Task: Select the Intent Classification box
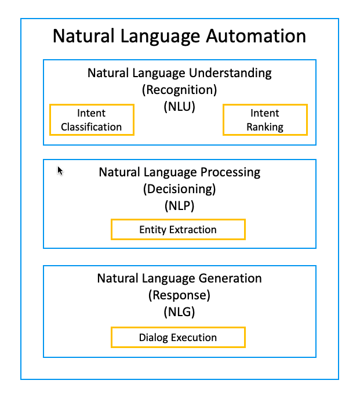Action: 92,120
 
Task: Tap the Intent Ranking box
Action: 265,120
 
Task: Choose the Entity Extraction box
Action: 178,229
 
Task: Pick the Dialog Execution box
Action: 178,337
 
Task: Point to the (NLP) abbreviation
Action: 179,205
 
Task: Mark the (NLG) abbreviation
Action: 179,312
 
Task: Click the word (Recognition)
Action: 179,90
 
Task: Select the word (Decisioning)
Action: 179,189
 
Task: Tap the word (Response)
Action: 179,295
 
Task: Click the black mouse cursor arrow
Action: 60,170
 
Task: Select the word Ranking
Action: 265,127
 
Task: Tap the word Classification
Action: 92,127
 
